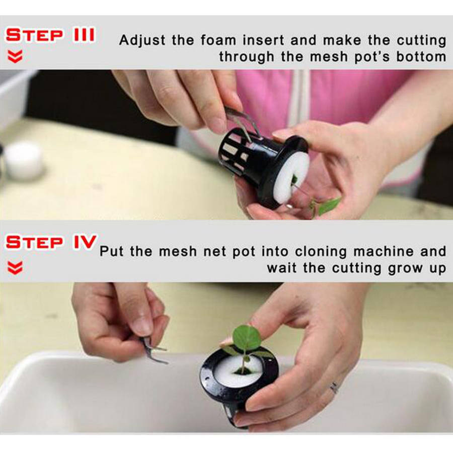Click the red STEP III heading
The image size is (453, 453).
pos(50,35)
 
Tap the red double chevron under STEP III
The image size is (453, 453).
pos(15,56)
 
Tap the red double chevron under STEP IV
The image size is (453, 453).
pos(15,268)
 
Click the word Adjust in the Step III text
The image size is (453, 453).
pos(142,40)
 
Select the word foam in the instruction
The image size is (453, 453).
pos(218,40)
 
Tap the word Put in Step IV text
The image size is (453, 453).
pos(112,251)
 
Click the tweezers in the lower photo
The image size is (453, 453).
pos(153,350)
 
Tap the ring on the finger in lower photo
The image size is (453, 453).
pos(334,388)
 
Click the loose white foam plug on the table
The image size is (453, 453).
pos(24,161)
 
